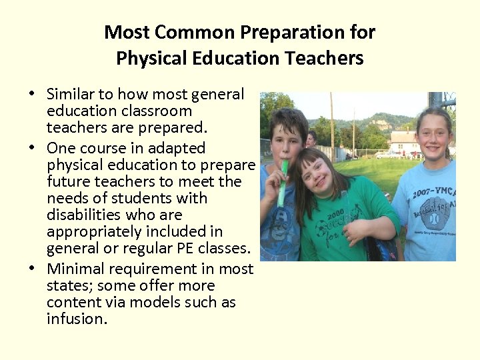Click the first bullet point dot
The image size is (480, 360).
(x=32, y=95)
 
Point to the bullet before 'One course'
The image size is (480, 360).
(x=32, y=149)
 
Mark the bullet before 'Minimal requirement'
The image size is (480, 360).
(x=32, y=269)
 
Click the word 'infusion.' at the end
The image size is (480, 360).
(x=76, y=319)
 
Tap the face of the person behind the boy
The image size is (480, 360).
(x=311, y=139)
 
